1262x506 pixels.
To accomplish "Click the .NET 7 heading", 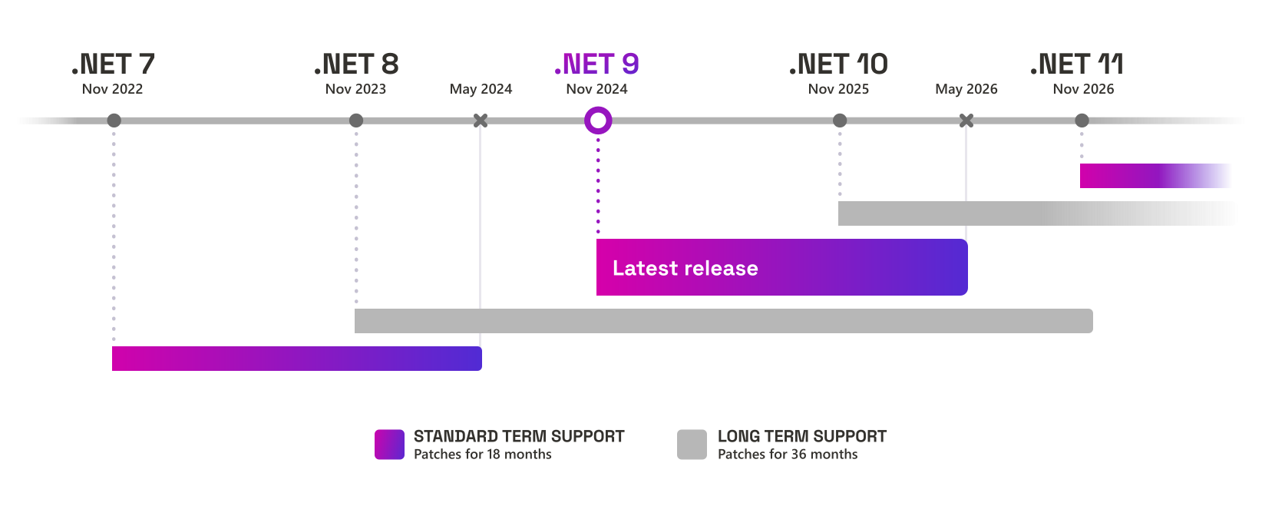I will (x=114, y=64).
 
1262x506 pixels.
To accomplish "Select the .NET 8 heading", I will (x=356, y=64).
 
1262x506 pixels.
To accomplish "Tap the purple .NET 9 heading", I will (x=597, y=64).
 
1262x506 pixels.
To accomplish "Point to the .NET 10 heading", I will (x=838, y=64).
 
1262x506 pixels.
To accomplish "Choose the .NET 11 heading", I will (x=1077, y=64).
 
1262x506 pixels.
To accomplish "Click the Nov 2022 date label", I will (x=112, y=89).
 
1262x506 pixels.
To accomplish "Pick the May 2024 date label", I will (x=481, y=89).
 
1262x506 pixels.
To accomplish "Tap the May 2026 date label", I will (x=966, y=89).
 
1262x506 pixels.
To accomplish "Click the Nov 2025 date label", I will (x=838, y=89).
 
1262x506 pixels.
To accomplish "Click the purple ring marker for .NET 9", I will (x=598, y=121).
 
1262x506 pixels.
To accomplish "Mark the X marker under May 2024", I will (x=481, y=121).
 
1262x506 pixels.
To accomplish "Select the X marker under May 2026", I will (x=966, y=121).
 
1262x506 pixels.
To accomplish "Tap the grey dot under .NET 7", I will (x=114, y=121).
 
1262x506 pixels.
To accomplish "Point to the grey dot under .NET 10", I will (x=840, y=121).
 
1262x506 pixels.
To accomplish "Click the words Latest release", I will (x=685, y=268).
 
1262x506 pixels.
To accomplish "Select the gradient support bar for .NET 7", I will (x=296, y=359).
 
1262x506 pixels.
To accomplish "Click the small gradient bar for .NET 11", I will (x=1155, y=176).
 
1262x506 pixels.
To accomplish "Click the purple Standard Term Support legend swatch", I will (x=389, y=445).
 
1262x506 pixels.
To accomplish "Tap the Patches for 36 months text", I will (x=787, y=455).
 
